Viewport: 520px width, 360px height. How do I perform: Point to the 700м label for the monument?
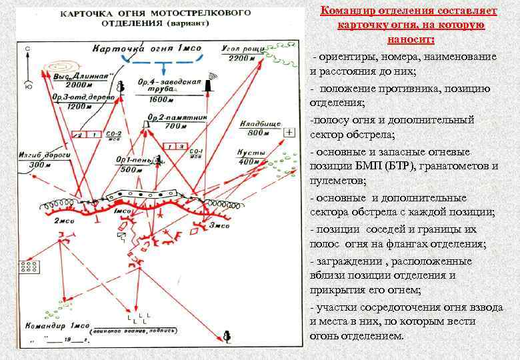175,126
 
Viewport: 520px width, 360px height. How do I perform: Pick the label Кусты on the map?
251,153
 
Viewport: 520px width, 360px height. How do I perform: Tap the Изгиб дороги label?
41,155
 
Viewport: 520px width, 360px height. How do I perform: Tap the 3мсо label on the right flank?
218,226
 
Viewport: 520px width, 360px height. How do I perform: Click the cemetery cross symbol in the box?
289,131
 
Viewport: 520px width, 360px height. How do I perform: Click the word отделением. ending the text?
373,335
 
